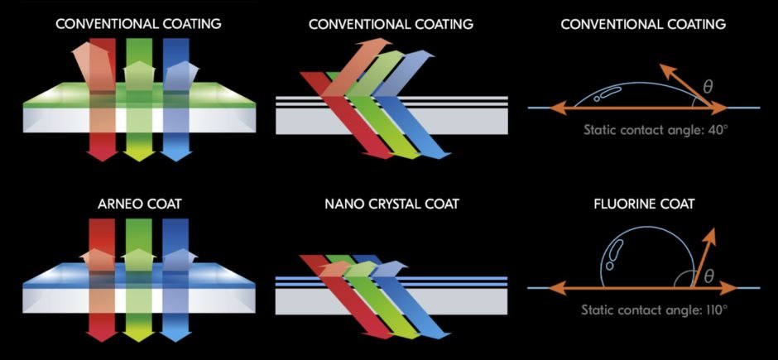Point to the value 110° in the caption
[x=712, y=310]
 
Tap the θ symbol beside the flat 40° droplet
[x=708, y=86]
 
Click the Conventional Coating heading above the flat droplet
[x=643, y=24]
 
